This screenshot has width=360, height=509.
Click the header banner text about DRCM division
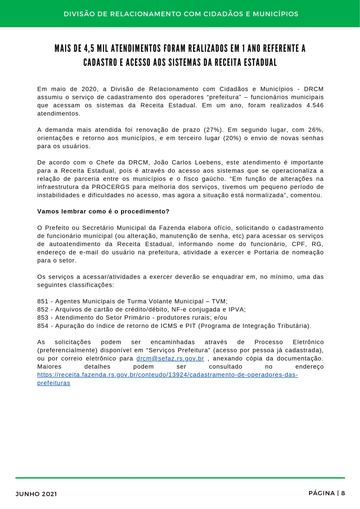coord(181,14)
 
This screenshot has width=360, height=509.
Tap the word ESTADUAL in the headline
coord(256,63)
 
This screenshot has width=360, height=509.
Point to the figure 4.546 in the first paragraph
coord(312,105)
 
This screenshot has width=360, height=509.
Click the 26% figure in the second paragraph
coord(316,130)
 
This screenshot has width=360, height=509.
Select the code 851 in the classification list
coord(43,301)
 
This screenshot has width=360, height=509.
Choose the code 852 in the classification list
coord(43,309)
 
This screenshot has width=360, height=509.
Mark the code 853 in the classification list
coord(43,317)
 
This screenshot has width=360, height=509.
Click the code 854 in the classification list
coord(43,325)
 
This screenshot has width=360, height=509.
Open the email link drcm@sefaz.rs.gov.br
coord(170,359)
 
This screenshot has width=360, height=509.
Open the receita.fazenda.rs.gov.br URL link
coord(167,375)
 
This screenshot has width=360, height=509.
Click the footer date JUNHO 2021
coord(36,494)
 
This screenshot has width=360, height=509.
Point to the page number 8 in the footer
coord(343,493)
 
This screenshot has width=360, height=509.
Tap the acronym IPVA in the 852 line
coord(237,309)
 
